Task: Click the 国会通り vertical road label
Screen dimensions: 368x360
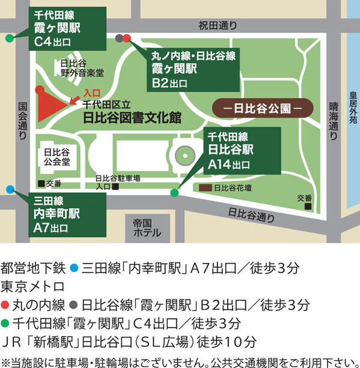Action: pyautogui.click(x=23, y=120)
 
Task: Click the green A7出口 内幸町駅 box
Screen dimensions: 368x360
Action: pyautogui.click(x=59, y=214)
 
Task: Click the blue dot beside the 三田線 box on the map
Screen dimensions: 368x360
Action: pyautogui.click(x=10, y=189)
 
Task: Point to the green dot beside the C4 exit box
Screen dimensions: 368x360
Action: pyautogui.click(x=10, y=38)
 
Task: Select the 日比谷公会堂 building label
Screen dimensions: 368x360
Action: pyautogui.click(x=57, y=157)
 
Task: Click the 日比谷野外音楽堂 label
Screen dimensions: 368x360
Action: pyautogui.click(x=82, y=68)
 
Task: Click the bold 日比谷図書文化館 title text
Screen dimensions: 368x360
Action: pyautogui.click(x=132, y=117)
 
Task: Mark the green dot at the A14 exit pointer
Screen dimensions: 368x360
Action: pyautogui.click(x=174, y=193)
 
